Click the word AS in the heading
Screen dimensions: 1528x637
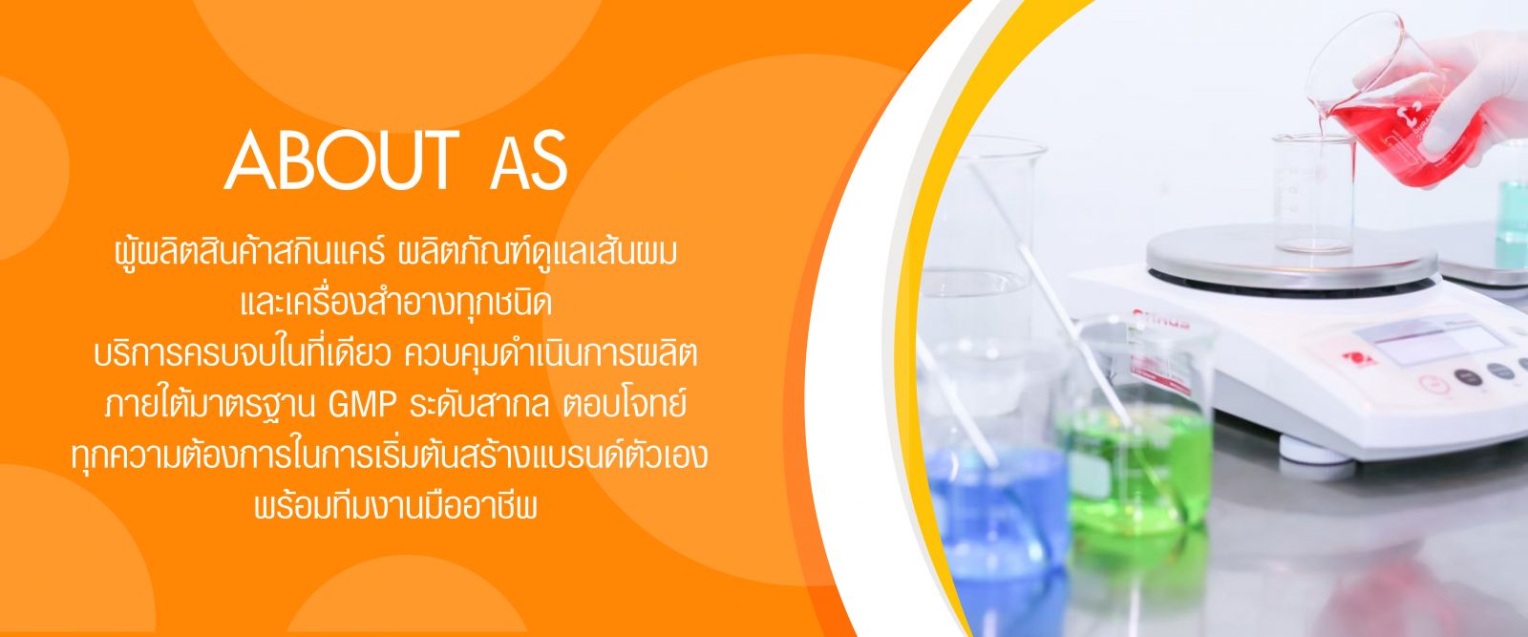pyautogui.click(x=529, y=161)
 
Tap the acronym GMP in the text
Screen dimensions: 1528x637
pyautogui.click(x=362, y=407)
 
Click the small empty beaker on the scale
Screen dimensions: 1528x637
pyautogui.click(x=1313, y=194)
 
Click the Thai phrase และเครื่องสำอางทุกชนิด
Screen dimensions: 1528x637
pyautogui.click(x=396, y=304)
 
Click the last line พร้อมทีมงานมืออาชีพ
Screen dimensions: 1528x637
pyautogui.click(x=395, y=507)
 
